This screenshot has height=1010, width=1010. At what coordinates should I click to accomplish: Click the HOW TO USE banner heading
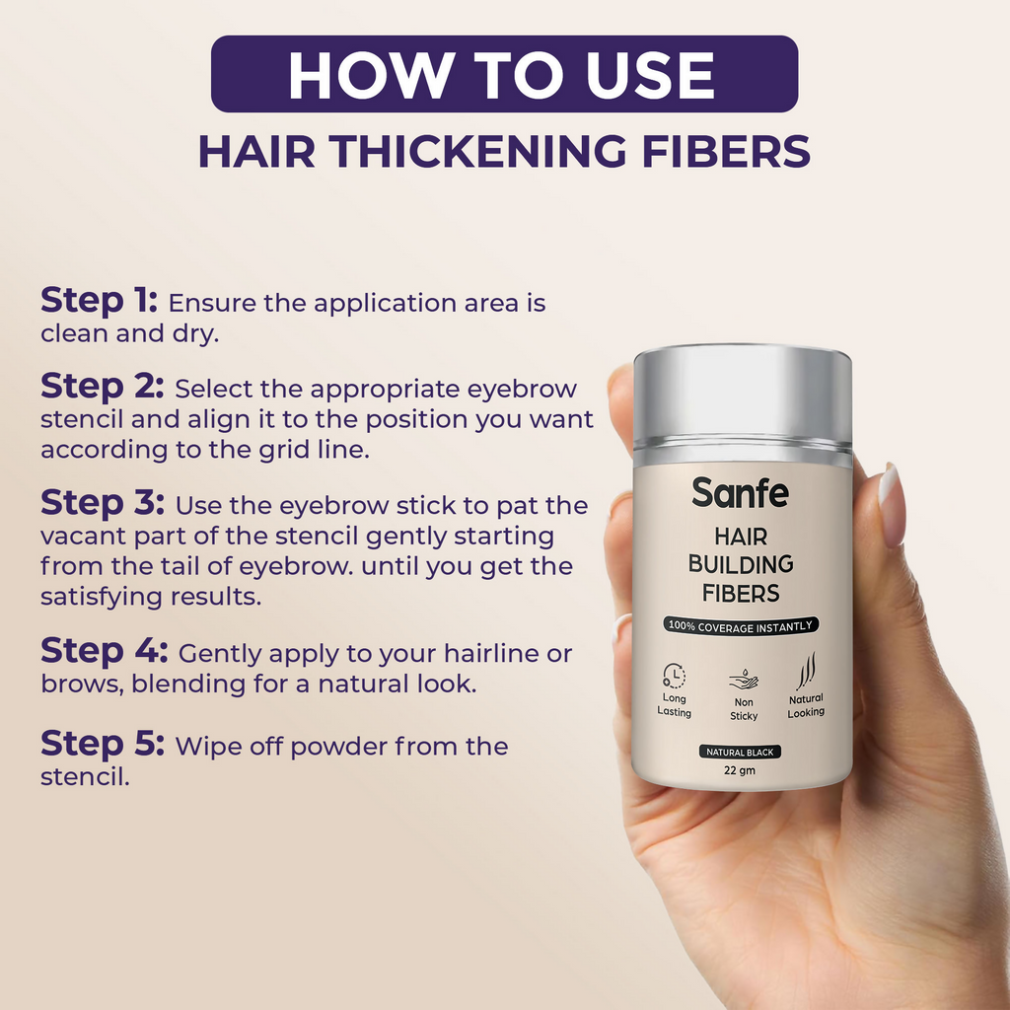tap(504, 74)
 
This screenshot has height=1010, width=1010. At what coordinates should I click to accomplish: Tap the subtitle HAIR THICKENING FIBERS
tap(504, 151)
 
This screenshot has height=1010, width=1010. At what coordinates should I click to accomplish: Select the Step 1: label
tap(99, 301)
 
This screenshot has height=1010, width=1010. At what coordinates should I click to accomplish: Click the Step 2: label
tap(102, 387)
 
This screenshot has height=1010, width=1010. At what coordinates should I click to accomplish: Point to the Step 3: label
tap(102, 504)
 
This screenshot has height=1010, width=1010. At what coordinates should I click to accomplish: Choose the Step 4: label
tap(104, 652)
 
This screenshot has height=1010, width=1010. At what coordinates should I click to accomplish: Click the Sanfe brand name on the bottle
tap(740, 492)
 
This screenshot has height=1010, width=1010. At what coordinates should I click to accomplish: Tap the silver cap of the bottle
tap(742, 395)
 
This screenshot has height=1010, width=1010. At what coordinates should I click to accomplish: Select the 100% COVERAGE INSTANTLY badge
tap(741, 625)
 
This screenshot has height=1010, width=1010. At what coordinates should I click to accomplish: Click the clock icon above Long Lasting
tap(675, 676)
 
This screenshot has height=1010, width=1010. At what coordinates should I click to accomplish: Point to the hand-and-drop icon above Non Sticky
tap(743, 680)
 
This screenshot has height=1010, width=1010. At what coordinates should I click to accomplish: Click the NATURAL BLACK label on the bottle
tap(741, 752)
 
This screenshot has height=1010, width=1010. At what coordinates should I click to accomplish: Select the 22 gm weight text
tap(740, 770)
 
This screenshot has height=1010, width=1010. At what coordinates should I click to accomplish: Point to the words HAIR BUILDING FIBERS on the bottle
tap(741, 564)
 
